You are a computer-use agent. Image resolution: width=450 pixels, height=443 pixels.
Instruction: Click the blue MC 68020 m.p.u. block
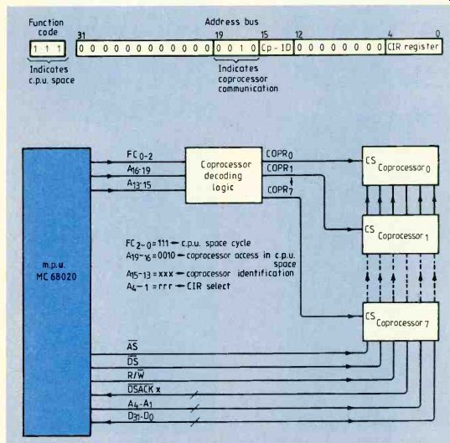click(56, 291)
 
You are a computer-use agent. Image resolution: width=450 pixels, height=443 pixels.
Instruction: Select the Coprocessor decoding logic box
click(224, 175)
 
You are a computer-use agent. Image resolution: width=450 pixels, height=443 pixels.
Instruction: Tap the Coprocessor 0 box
click(401, 166)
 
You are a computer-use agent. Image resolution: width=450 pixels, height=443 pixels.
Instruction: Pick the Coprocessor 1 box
click(401, 234)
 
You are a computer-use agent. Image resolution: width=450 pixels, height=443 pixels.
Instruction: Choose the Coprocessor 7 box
click(401, 322)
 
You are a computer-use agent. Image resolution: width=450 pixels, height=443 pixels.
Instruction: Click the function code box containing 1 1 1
click(48, 49)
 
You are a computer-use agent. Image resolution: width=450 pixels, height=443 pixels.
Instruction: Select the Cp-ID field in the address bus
click(277, 48)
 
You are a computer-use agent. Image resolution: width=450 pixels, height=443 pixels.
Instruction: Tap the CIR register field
click(414, 47)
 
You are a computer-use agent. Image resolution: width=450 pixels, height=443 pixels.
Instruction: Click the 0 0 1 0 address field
click(236, 48)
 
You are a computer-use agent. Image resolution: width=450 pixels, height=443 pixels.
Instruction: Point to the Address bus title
click(231, 22)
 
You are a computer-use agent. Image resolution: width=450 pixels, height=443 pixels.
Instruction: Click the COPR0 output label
click(279, 154)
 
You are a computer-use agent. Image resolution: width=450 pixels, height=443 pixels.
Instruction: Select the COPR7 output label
click(280, 190)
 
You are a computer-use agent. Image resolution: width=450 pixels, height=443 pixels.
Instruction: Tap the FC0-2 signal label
click(140, 156)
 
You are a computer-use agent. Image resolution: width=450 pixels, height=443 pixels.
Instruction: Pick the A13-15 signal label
click(139, 184)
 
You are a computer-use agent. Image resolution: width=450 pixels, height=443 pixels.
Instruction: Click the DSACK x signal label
click(144, 389)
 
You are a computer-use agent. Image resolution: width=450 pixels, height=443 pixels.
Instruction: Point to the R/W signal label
click(136, 375)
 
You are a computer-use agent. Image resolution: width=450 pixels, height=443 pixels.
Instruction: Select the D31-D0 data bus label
click(141, 416)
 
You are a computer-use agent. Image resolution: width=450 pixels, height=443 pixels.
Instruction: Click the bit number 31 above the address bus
click(81, 35)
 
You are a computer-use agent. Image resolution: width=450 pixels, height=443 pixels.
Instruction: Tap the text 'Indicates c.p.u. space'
click(52, 75)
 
